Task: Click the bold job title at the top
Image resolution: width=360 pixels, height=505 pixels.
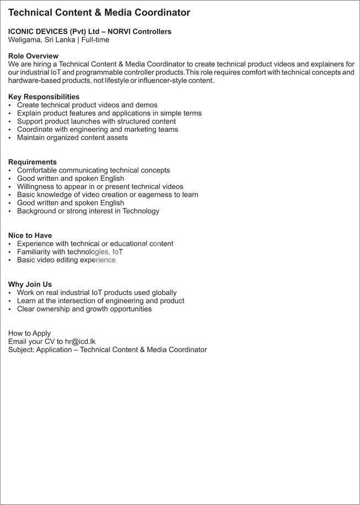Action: [99, 13]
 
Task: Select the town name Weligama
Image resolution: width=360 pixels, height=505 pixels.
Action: [26, 40]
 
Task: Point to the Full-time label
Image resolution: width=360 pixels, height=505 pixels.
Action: [95, 40]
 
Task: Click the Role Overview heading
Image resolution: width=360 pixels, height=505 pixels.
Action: [33, 56]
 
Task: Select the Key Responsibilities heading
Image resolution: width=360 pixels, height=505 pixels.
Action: [44, 97]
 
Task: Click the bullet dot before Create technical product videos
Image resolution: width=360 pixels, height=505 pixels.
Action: [10, 105]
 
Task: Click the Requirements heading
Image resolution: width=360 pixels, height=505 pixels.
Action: [33, 162]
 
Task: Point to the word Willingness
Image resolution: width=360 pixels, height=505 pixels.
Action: [36, 186]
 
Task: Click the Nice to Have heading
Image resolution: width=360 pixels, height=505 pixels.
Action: [30, 235]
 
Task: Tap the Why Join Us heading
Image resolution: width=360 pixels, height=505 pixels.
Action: [30, 284]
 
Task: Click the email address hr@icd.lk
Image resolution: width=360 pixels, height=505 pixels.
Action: [80, 341]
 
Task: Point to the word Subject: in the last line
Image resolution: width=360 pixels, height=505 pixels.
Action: [21, 350]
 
